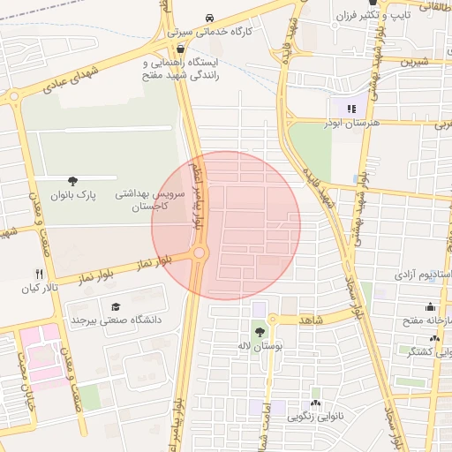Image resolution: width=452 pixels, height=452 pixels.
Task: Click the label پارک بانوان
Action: [x=72, y=193]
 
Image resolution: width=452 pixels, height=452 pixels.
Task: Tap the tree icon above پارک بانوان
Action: [x=72, y=179]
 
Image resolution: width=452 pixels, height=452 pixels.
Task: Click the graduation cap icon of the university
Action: [x=115, y=306]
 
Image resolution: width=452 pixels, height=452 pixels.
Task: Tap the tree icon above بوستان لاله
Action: [x=260, y=332]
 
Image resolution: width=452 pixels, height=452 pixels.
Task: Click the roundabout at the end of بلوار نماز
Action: [x=200, y=254]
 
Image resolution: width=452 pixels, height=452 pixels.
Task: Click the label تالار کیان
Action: [x=40, y=289]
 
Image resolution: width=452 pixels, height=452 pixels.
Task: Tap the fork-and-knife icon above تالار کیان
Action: [x=38, y=275]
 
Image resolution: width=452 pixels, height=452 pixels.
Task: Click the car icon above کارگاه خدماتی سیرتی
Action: [x=209, y=18]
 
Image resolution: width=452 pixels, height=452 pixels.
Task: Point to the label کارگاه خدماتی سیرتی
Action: [x=213, y=31]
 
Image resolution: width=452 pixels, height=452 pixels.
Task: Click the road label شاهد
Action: [x=313, y=319]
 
